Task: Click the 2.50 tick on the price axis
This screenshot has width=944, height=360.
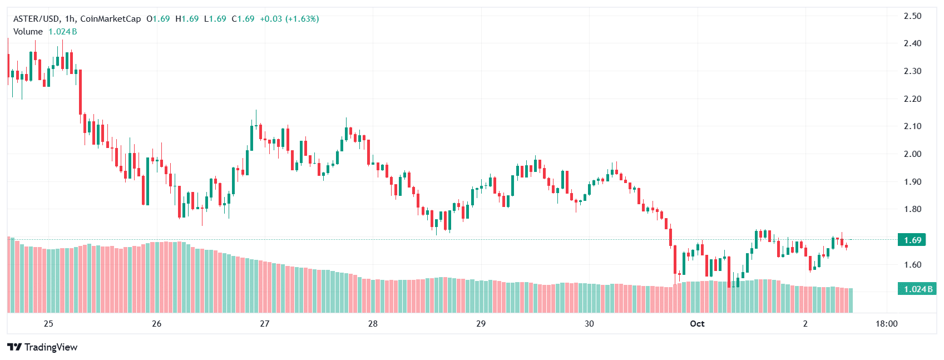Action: click(912, 16)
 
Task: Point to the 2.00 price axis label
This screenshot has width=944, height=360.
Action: click(912, 154)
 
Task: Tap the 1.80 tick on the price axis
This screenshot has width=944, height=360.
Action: click(912, 209)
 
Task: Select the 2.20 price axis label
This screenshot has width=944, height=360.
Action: click(912, 99)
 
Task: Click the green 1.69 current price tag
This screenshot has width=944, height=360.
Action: click(912, 240)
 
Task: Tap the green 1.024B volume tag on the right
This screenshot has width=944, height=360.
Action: click(917, 289)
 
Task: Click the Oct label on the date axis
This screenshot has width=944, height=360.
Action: click(697, 324)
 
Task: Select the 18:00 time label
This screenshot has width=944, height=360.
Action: click(886, 324)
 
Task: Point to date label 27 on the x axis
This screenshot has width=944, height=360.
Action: click(264, 324)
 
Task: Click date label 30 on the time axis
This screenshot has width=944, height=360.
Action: click(589, 324)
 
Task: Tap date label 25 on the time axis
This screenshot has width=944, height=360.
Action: click(48, 324)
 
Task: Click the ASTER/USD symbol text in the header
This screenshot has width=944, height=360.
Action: click(37, 19)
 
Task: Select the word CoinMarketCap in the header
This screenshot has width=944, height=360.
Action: click(111, 19)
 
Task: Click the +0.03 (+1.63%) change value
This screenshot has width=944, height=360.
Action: click(289, 19)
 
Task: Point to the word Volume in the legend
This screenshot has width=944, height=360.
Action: click(28, 32)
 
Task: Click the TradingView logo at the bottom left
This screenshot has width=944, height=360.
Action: click(42, 347)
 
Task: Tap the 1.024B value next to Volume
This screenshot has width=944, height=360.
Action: click(63, 32)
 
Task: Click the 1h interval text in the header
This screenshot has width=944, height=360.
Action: click(70, 19)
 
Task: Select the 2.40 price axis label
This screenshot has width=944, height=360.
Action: click(912, 43)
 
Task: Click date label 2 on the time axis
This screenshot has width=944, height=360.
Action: click(805, 324)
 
